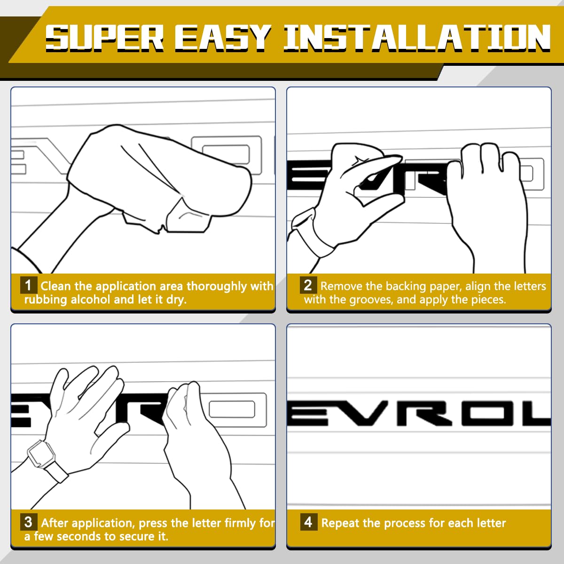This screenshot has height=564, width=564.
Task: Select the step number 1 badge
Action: (x=29, y=285)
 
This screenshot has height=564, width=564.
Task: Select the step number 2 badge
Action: (x=308, y=285)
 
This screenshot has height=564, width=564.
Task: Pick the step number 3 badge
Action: (x=29, y=522)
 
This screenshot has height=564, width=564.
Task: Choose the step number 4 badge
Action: (x=308, y=522)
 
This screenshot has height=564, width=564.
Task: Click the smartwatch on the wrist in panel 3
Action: (x=40, y=453)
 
